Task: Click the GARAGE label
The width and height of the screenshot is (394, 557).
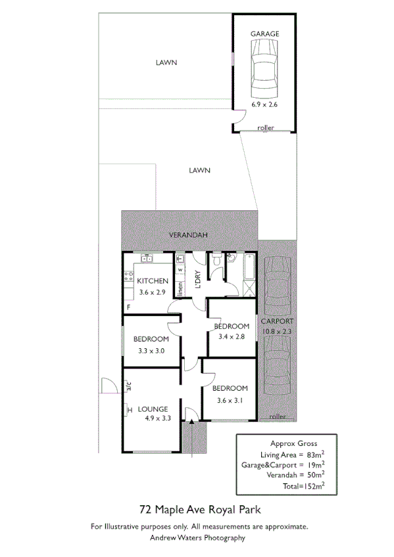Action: (x=265, y=33)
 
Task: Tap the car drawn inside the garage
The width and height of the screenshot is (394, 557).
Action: (x=265, y=68)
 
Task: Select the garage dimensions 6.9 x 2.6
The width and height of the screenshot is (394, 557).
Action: (x=265, y=104)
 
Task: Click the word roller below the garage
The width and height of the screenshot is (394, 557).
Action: (x=266, y=127)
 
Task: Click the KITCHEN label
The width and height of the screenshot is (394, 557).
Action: (x=153, y=281)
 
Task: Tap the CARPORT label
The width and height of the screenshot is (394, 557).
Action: (x=276, y=321)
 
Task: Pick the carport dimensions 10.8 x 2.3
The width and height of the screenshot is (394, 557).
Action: (x=276, y=332)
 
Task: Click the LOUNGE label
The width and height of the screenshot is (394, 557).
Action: (x=152, y=409)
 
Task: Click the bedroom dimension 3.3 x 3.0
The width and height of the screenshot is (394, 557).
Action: (x=151, y=351)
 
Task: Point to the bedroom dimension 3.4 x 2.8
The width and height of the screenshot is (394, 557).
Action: (x=231, y=337)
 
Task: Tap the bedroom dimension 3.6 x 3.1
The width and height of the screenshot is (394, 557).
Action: (x=230, y=399)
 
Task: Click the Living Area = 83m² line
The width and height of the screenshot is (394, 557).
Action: (x=283, y=454)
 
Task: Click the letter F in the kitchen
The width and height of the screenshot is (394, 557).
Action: (x=129, y=307)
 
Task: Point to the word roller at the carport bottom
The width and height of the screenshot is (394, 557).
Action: (x=277, y=416)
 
